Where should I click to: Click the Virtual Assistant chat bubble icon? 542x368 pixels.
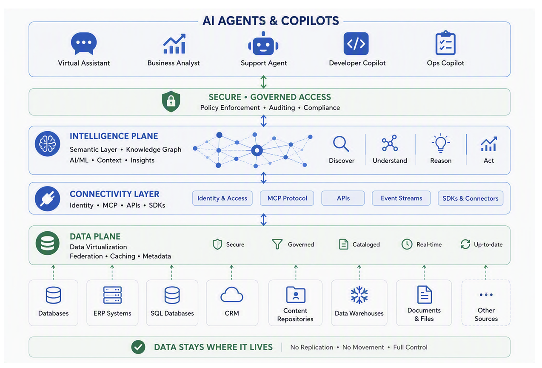(84, 43)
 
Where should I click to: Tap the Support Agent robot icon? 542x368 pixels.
(263, 43)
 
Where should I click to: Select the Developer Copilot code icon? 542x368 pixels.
(356, 43)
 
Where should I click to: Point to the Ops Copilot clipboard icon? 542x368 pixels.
(445, 43)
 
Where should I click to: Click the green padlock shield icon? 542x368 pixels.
(171, 101)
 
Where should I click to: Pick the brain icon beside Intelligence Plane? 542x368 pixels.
(47, 144)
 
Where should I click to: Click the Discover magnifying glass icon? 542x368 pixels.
(341, 144)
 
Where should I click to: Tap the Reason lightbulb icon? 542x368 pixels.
(441, 143)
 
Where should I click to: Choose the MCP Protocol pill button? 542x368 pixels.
(287, 198)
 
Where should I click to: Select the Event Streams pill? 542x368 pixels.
(401, 198)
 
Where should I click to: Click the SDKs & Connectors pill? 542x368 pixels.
(471, 198)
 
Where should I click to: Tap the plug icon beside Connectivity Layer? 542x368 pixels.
(47, 198)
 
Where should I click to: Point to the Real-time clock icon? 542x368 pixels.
(407, 244)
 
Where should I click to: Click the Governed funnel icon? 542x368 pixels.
(277, 244)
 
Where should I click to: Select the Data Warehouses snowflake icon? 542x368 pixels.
(359, 295)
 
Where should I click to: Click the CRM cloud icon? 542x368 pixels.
(231, 295)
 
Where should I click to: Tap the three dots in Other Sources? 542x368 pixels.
(486, 295)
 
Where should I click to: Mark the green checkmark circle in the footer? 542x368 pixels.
(138, 347)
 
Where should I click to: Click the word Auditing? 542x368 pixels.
(282, 108)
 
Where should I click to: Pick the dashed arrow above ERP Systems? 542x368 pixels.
(112, 272)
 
